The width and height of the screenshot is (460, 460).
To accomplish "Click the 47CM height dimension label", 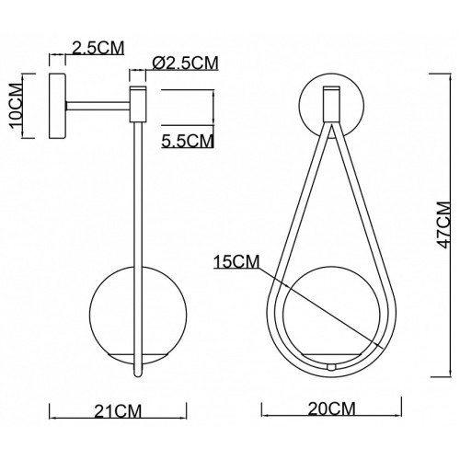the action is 444,224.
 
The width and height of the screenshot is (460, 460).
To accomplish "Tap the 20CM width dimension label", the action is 332,408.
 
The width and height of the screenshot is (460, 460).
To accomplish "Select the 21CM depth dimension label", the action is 118,411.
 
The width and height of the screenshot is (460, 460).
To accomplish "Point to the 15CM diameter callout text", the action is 236,261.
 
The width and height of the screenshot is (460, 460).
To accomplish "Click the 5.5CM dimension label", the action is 188,141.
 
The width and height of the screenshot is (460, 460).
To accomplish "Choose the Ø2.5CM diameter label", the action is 185,63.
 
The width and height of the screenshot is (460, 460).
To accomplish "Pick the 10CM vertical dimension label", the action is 16,106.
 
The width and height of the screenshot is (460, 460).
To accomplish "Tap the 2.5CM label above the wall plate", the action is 98,48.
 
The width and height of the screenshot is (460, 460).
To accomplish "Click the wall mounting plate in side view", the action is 57,106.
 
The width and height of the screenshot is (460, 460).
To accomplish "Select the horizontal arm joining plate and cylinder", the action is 98,106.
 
